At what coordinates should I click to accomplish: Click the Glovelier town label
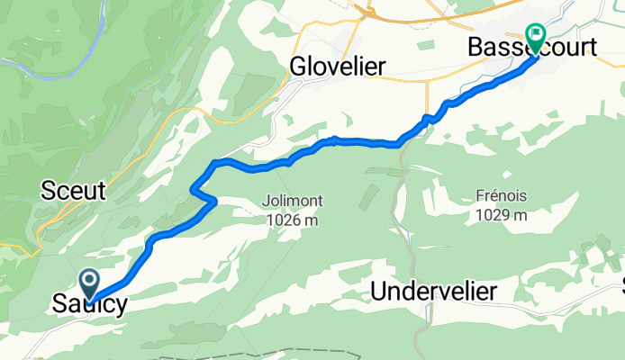tap(338, 67)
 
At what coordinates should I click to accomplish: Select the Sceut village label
tap(74, 191)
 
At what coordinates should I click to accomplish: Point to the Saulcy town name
tap(88, 304)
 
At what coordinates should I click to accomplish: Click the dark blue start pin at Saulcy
tap(90, 283)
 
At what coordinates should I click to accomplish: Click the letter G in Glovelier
tap(298, 67)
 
